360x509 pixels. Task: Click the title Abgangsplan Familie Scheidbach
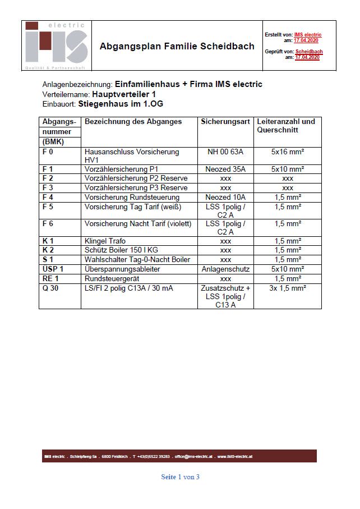(177, 47)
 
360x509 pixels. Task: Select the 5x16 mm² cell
(287, 152)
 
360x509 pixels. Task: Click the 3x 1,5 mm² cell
(287, 288)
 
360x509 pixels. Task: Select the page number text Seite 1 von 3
(180, 477)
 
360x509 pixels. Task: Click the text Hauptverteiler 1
(124, 94)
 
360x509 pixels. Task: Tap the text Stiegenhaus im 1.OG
(121, 104)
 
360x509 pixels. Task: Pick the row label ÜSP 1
(53, 269)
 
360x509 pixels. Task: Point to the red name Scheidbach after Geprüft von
(309, 52)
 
